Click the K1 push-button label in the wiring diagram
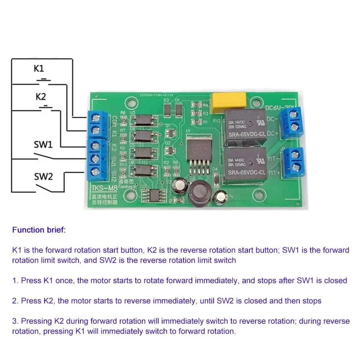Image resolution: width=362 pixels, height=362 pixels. (39, 68)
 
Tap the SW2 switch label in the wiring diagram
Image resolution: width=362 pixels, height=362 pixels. (43, 176)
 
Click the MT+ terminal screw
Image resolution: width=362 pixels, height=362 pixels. (296, 167)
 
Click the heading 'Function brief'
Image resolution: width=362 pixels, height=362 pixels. (39, 230)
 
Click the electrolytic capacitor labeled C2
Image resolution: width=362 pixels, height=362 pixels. (179, 183)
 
